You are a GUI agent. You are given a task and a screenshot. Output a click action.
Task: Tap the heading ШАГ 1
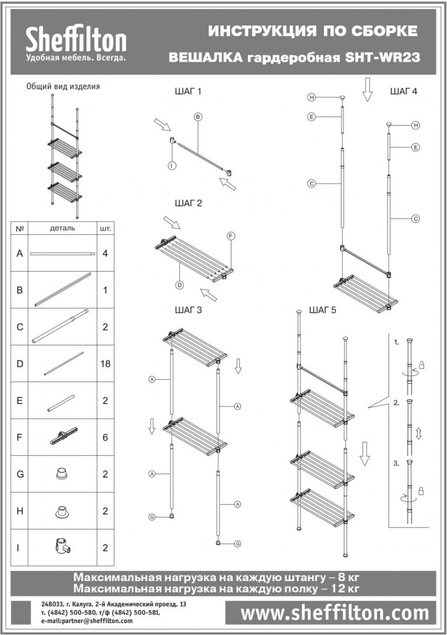tap(188, 91)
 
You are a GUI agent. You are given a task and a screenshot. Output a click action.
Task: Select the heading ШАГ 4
tap(404, 91)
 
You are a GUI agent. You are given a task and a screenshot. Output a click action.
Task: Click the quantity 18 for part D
tap(105, 364)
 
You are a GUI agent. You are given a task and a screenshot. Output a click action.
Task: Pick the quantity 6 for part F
tap(105, 438)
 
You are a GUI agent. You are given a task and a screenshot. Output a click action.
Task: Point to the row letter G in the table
tap(20, 474)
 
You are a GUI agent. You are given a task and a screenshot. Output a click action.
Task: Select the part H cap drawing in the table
tap(62, 511)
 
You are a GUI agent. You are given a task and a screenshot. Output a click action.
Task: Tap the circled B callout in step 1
tap(198, 117)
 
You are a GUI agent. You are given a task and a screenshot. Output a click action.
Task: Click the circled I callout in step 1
tap(172, 166)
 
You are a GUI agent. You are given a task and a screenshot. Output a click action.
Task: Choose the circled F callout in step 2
tap(231, 236)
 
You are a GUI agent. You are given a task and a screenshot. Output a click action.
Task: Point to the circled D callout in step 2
tap(180, 285)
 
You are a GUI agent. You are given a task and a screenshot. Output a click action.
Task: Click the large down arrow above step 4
tap(367, 90)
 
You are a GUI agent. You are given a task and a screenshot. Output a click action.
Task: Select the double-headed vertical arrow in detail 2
tap(418, 434)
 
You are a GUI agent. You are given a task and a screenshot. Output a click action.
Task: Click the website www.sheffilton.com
tap(334, 613)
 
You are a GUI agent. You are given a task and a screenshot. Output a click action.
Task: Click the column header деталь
tap(62, 229)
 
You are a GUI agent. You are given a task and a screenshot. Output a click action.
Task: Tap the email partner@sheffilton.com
tap(87, 620)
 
